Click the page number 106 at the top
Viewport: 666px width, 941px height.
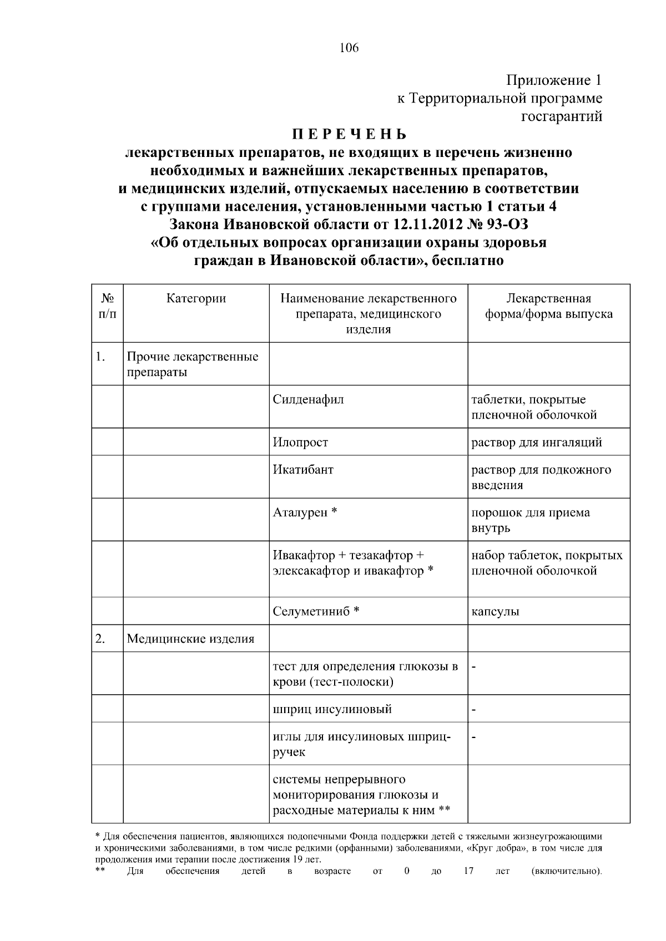coord(349,48)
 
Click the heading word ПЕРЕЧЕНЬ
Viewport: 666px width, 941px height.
coord(349,135)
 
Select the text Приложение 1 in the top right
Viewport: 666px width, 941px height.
coord(553,80)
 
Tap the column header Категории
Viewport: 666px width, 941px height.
coord(196,298)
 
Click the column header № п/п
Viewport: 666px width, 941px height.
coord(107,306)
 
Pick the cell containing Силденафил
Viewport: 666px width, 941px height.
coord(308,400)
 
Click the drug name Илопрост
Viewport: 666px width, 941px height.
coord(300,442)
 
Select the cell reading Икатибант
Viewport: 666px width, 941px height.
coord(303,470)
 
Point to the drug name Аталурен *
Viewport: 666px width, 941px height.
coord(305,512)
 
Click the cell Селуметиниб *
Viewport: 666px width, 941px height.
coord(316,612)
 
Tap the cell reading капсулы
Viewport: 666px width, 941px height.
coord(495,612)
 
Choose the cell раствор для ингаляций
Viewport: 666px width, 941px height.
coord(537,442)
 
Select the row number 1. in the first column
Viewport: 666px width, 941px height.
coord(100,357)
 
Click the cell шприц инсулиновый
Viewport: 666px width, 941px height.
coord(332,709)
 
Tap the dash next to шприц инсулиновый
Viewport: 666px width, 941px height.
coord(474,709)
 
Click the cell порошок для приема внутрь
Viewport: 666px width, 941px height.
coord(530,520)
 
